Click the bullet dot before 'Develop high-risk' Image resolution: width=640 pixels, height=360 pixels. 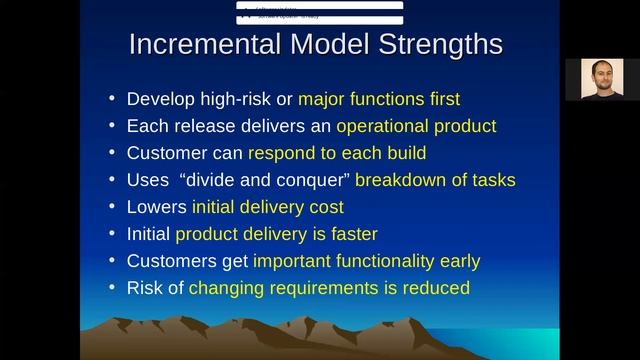click(x=112, y=100)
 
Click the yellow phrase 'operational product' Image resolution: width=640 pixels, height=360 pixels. click(x=416, y=126)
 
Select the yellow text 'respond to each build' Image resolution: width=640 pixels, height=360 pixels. click(x=337, y=153)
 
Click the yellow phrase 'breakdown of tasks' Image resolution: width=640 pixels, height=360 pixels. click(x=435, y=180)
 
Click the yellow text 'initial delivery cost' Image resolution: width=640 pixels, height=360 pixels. click(x=268, y=207)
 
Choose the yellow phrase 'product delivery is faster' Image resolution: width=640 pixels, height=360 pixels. click(x=276, y=234)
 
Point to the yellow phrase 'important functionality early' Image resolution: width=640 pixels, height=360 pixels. click(x=366, y=261)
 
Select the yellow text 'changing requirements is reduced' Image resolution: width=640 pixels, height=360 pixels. click(x=329, y=288)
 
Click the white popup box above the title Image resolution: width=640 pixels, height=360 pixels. click(x=319, y=13)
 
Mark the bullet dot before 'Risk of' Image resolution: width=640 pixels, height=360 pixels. click(x=112, y=289)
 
